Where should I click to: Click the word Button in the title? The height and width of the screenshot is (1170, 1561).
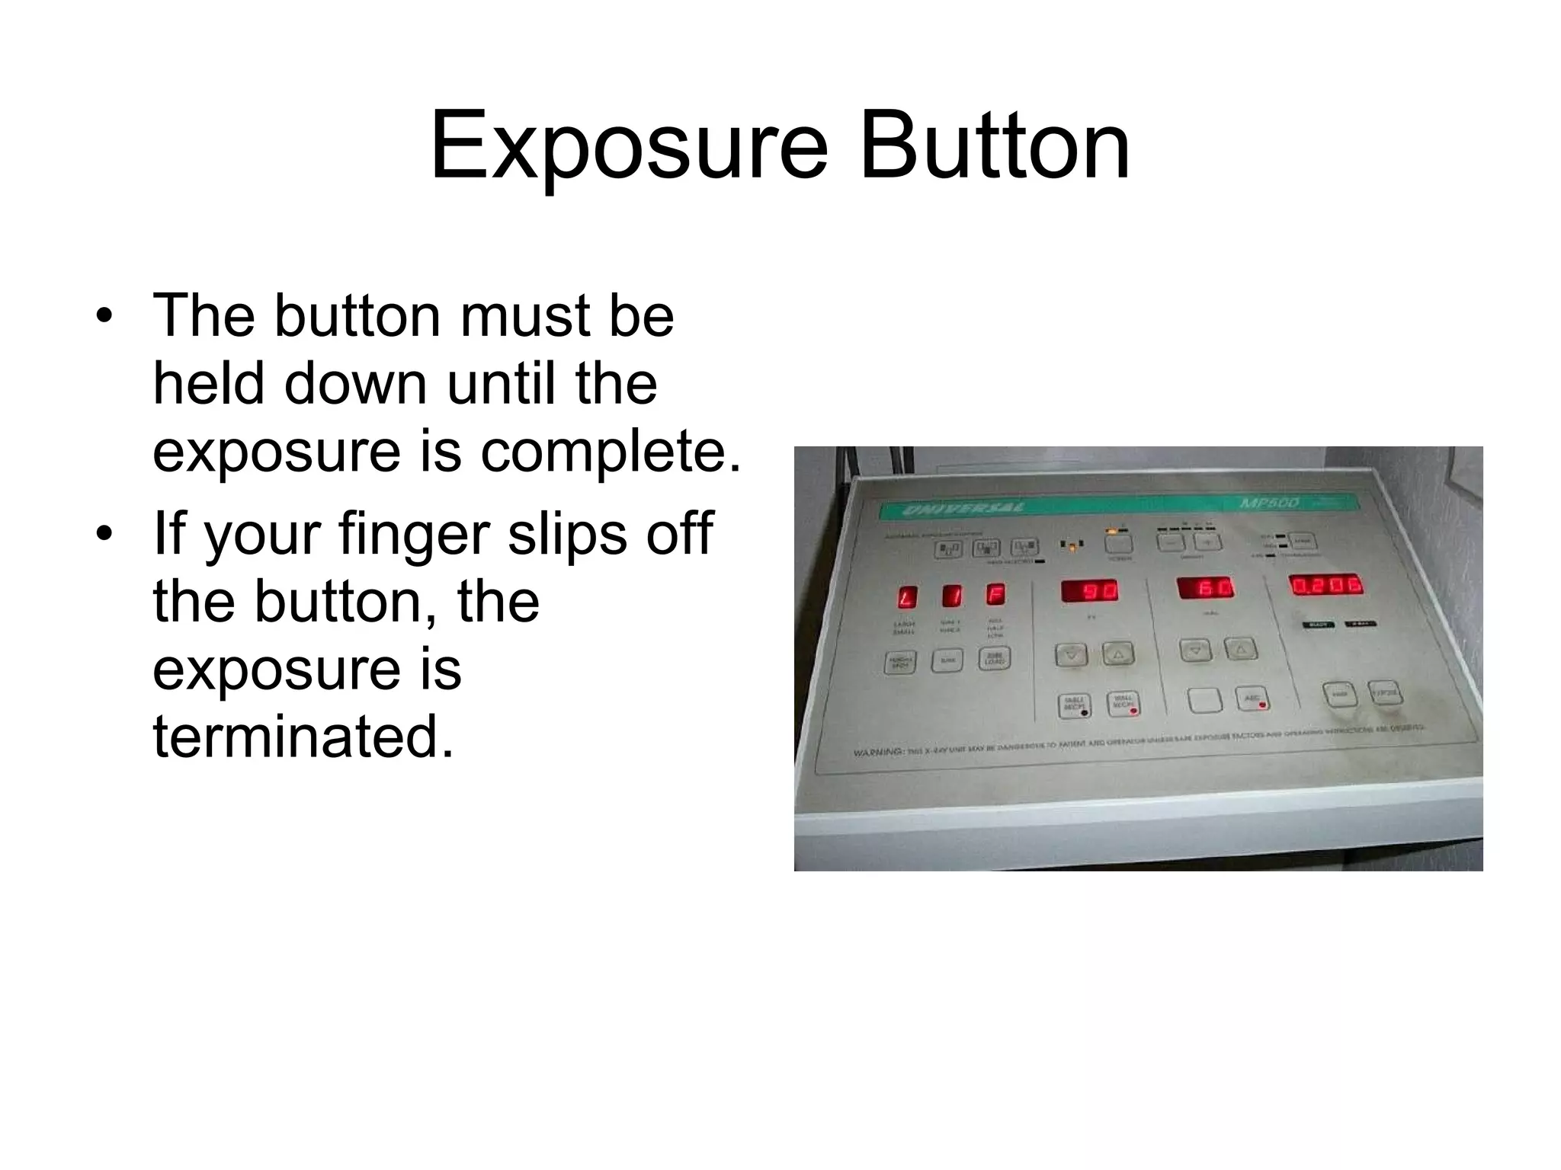(994, 146)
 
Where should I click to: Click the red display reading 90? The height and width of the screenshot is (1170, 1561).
(1089, 591)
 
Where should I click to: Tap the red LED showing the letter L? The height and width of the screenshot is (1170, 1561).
(906, 596)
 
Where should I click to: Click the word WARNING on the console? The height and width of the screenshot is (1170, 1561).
(878, 753)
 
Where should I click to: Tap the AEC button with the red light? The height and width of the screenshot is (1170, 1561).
(1252, 699)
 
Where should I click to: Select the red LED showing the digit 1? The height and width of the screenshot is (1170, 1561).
(953, 596)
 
